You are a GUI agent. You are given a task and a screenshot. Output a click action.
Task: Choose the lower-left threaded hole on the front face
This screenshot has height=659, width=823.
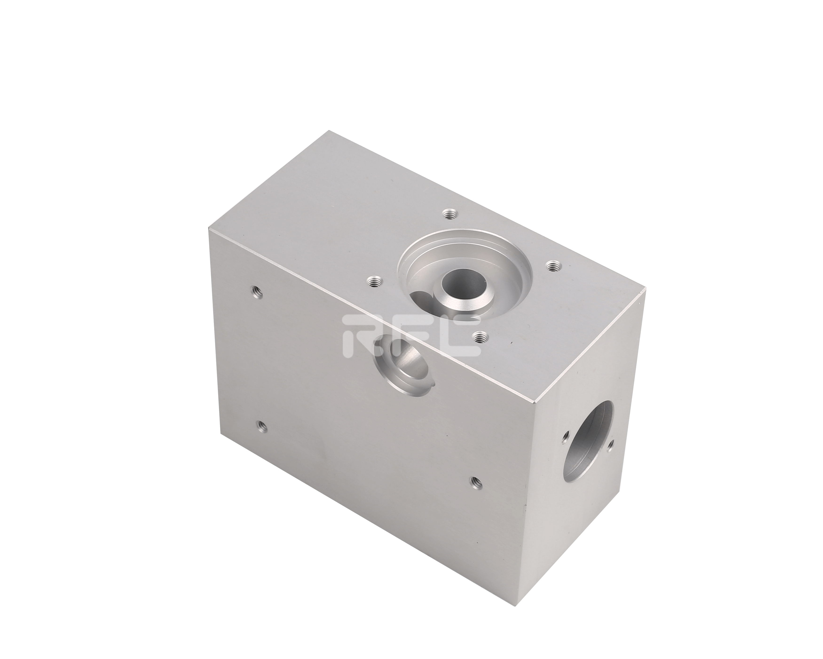click(x=261, y=425)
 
